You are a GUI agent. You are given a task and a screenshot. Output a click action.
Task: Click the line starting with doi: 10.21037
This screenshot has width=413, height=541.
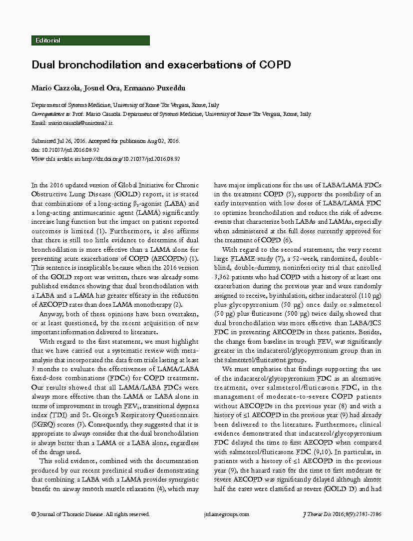click(x=65, y=150)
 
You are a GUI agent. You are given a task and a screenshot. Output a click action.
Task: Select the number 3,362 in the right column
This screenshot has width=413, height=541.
click(x=225, y=277)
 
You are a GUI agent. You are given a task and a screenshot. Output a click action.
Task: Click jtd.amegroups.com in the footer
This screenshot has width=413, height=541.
click(x=227, y=514)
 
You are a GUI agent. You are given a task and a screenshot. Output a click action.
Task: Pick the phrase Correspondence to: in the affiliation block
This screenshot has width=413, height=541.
click(x=51, y=114)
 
